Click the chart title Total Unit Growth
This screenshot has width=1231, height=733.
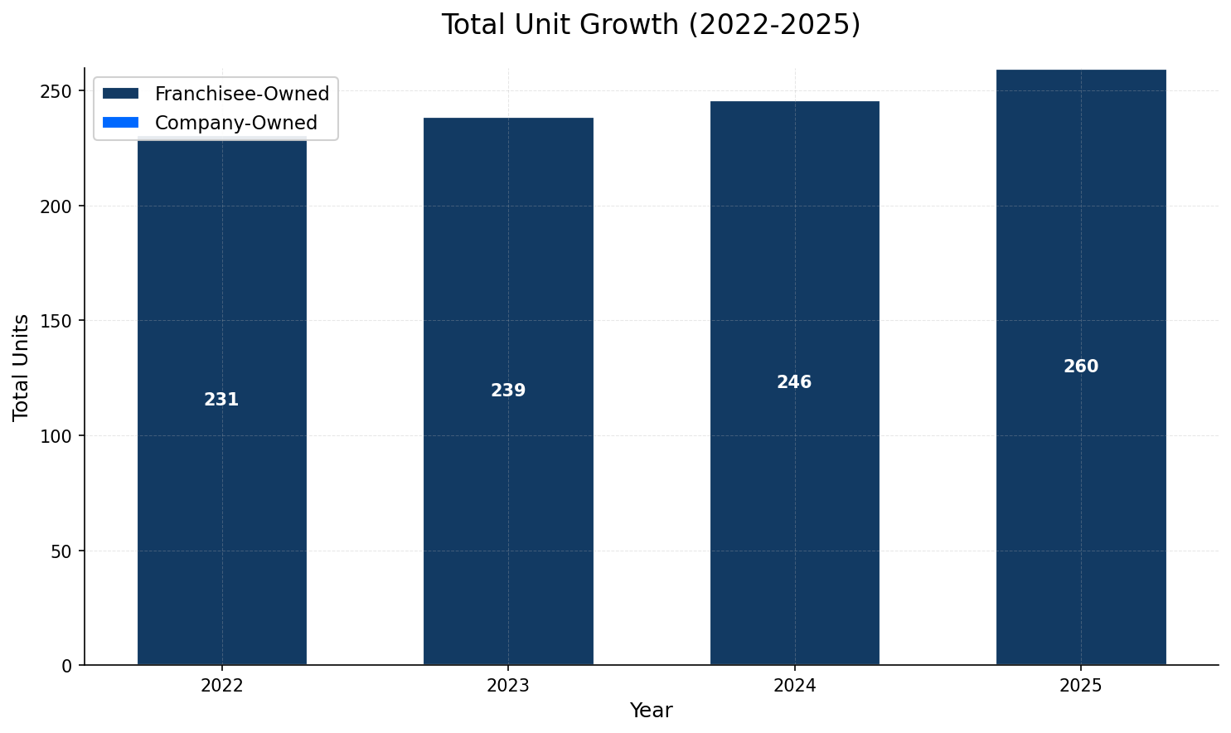coord(651,25)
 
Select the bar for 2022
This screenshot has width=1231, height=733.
coord(221,498)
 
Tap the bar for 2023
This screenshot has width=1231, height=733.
coord(508,498)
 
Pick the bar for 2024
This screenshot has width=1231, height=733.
coord(794,498)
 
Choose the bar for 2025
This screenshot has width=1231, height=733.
coord(1081,498)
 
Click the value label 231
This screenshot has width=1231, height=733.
coord(221,400)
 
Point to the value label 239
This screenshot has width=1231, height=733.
coord(508,391)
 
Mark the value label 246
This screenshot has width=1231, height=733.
coord(794,382)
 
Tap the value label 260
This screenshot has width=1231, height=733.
coord(1081,366)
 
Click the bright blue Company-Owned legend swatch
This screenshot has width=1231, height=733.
coord(121,123)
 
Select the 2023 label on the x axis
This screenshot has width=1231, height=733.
coord(508,686)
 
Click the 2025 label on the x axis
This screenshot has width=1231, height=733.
coord(1081,686)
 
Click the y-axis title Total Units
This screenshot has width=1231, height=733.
coord(22,366)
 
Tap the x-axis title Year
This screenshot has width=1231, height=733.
coord(651,711)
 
